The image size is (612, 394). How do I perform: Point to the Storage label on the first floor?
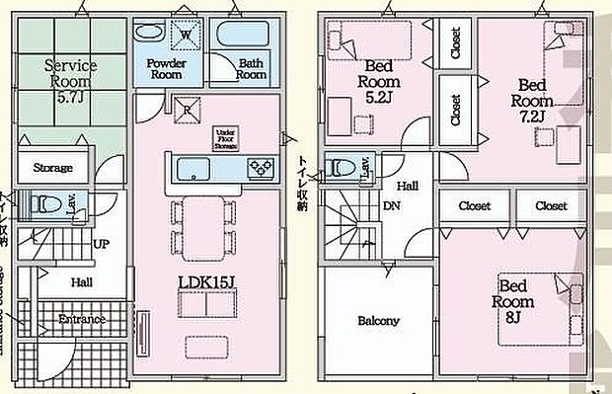click(52, 168)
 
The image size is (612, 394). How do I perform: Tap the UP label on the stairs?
click(101, 242)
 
